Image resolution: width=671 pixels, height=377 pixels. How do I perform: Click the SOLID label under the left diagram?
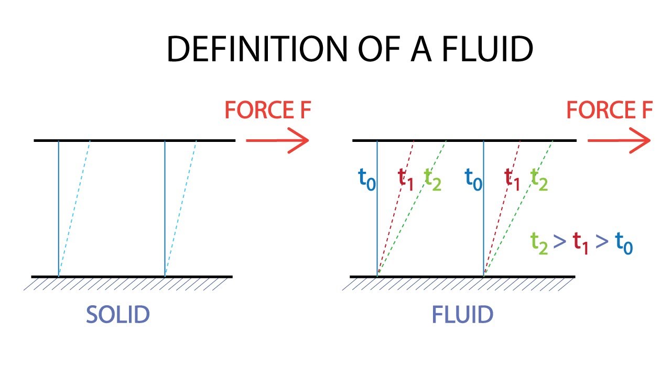pyautogui.click(x=118, y=315)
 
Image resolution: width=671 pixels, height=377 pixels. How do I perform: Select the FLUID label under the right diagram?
pyautogui.click(x=462, y=315)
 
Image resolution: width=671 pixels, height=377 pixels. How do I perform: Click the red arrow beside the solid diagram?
pyautogui.click(x=277, y=141)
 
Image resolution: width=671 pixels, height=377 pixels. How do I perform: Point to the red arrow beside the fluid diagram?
pyautogui.click(x=619, y=141)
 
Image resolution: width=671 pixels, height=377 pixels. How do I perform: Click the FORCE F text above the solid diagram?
pyautogui.click(x=268, y=110)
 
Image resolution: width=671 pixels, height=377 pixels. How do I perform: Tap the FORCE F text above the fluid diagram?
pyautogui.click(x=610, y=110)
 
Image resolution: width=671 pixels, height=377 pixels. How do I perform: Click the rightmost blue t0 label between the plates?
pyautogui.click(x=474, y=180)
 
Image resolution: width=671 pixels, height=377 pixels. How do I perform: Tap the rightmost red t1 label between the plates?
pyautogui.click(x=513, y=180)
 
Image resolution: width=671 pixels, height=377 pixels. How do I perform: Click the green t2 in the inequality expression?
pyautogui.click(x=539, y=243)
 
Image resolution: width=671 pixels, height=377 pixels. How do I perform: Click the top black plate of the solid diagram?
pyautogui.click(x=134, y=140)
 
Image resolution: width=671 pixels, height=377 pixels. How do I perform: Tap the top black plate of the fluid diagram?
pyautogui.click(x=464, y=140)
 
